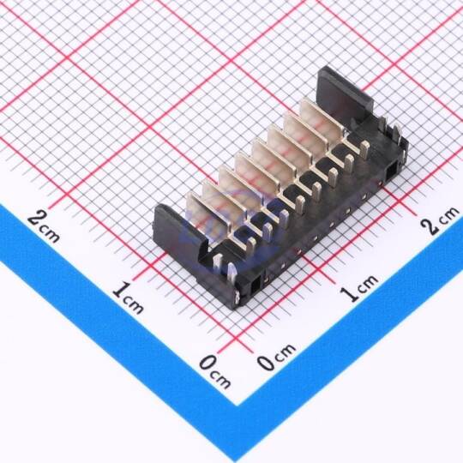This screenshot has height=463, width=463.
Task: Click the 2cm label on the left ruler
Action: (44, 226)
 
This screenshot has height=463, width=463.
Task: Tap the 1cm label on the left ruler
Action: (128, 298)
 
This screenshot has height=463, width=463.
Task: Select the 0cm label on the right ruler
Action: (276, 357)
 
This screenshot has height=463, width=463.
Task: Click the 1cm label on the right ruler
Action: (358, 288)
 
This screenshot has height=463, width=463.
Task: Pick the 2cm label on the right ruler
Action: (440, 219)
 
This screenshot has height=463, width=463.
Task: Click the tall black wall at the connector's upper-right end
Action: (344, 93)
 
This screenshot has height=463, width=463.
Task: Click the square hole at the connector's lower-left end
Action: (256, 286)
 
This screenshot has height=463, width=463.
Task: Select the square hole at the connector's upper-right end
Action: (392, 171)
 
